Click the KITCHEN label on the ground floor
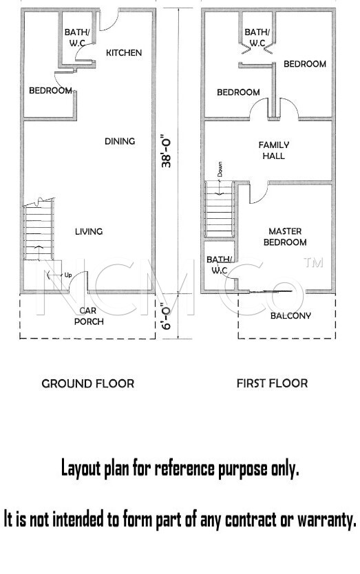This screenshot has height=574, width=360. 124,53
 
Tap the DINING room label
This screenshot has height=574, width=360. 120,141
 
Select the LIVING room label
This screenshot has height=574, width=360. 89,231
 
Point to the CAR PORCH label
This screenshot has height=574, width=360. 89,316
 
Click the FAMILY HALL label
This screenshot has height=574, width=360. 273,151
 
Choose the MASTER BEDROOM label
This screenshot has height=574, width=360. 285,237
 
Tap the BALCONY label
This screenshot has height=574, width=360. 290,315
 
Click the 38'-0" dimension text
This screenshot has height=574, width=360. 167,153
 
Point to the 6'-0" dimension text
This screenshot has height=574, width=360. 167,315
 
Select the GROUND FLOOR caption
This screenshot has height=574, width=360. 88,383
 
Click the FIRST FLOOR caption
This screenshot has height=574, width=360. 272,383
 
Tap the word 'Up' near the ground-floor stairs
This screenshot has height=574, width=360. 67,275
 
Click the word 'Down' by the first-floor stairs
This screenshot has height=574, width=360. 220,169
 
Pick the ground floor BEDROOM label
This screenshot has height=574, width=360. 50,90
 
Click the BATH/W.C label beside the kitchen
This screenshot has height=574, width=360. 77,37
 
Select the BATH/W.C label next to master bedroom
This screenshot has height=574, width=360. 219,265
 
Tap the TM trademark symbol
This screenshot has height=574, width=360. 313,262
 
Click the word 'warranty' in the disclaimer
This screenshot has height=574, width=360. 326,520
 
